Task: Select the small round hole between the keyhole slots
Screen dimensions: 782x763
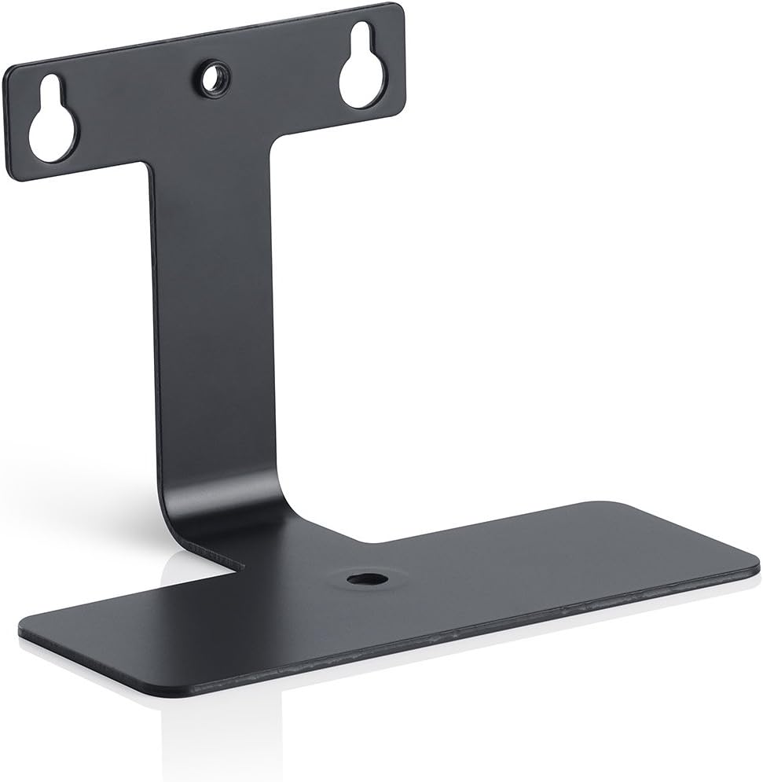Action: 212,77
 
